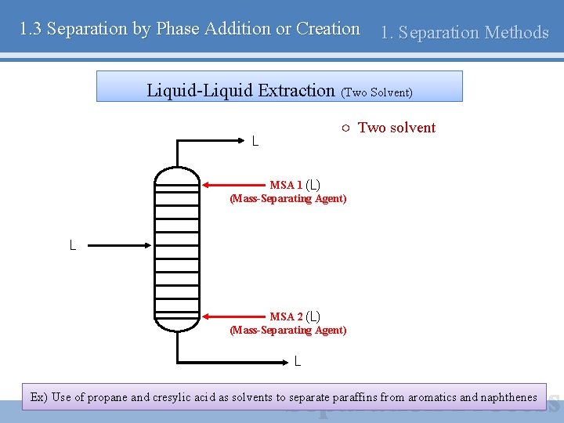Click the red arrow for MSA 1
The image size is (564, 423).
[x=235, y=186]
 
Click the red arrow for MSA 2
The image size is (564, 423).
[x=235, y=317]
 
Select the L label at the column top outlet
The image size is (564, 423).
[x=255, y=142]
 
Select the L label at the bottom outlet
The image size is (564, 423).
[x=298, y=361]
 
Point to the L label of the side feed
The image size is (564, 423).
[x=73, y=246]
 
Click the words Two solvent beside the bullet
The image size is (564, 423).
[x=396, y=128]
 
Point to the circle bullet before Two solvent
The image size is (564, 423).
[x=345, y=128]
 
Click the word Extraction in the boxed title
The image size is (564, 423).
[x=298, y=90]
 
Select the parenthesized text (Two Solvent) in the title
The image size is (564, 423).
[x=377, y=92]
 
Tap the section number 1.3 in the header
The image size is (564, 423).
[x=31, y=29]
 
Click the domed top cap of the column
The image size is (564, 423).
[x=178, y=174]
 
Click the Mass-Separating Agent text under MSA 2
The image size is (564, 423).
[x=287, y=330]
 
